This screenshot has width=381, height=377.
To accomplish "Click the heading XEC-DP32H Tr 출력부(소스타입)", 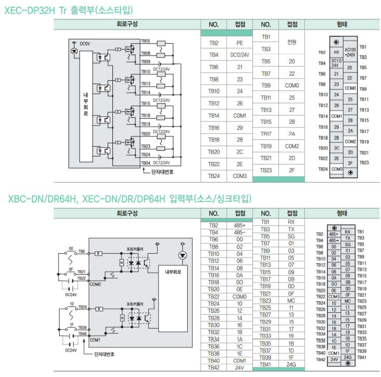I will click(69, 10).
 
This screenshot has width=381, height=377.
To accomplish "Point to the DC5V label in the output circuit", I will click(85, 44).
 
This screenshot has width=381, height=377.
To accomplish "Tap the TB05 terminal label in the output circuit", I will click(146, 41).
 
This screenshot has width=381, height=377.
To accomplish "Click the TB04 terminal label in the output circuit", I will click(146, 163).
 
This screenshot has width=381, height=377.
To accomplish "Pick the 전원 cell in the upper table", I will click(292, 42).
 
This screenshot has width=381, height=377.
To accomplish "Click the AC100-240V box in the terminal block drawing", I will click(350, 52).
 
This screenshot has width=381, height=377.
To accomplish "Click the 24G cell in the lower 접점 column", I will click(292, 364).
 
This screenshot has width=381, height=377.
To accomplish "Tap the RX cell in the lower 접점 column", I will click(292, 222).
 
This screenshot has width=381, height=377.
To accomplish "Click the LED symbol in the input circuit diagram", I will click(182, 255).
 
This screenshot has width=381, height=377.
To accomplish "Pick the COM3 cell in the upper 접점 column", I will click(240, 176).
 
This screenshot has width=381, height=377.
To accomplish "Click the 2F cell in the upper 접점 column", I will click(292, 170).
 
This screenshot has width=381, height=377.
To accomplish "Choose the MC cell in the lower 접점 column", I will click(292, 300).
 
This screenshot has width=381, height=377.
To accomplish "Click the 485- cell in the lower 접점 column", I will click(240, 232).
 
